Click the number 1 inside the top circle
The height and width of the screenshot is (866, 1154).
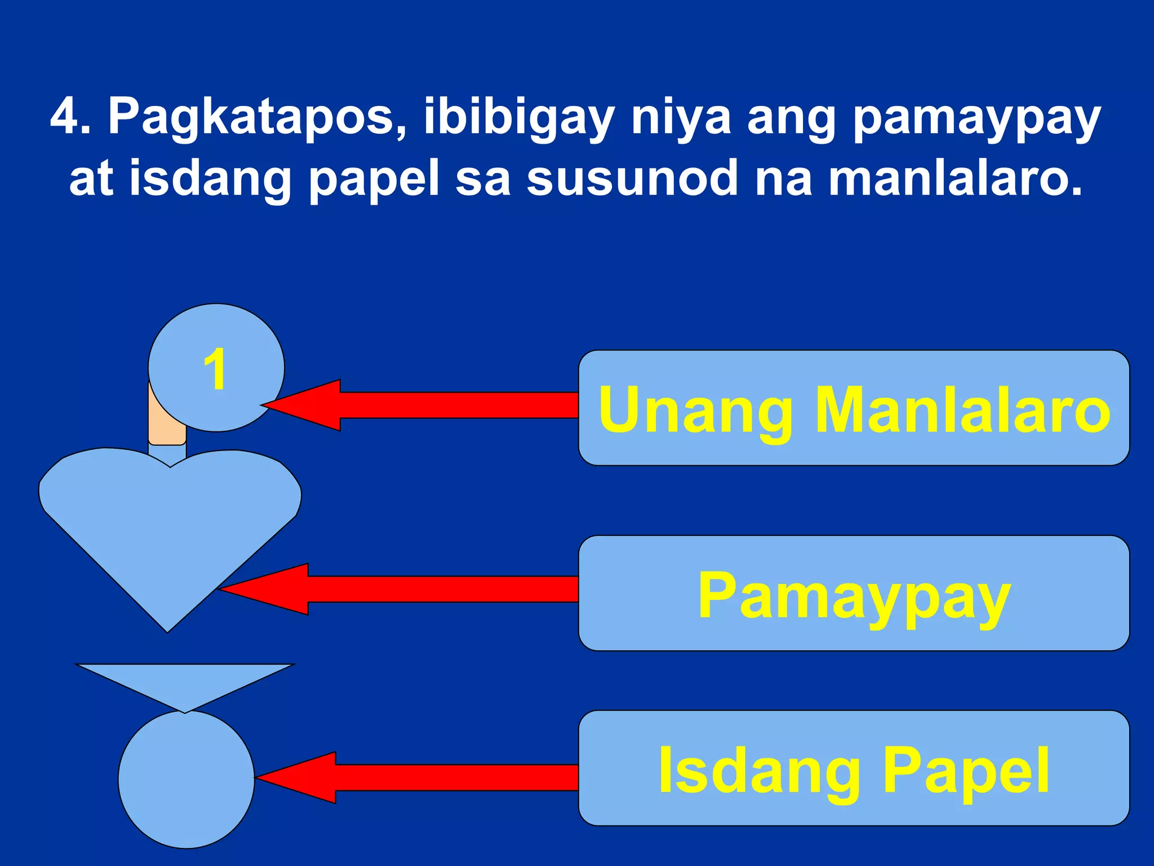[x=215, y=369]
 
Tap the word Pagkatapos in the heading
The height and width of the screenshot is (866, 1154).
[x=256, y=117]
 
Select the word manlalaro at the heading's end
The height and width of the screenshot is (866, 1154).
[x=955, y=179]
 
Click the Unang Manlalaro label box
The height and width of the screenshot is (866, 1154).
[x=854, y=408]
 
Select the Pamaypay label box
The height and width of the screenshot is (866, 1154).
[x=854, y=593]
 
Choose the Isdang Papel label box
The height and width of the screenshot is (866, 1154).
[x=854, y=768]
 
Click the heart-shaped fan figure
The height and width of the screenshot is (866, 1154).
[x=169, y=524]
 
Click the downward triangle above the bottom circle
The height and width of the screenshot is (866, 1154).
[x=185, y=682]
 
